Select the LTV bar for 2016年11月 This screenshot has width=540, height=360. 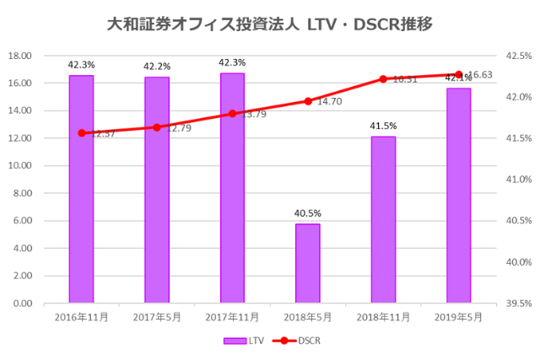[81, 189]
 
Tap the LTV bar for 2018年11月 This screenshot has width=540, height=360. [383, 219]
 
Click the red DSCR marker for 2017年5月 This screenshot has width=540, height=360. [157, 127]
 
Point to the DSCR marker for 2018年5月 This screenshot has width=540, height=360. [308, 101]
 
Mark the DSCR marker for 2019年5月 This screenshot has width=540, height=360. [459, 75]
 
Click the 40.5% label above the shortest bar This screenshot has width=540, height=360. [308, 213]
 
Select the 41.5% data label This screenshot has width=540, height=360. [383, 126]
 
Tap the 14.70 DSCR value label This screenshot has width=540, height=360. [329, 102]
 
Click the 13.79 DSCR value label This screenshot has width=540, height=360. [253, 114]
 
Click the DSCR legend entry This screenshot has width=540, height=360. [299, 341]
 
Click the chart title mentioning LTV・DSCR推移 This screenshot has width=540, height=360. [270, 24]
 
